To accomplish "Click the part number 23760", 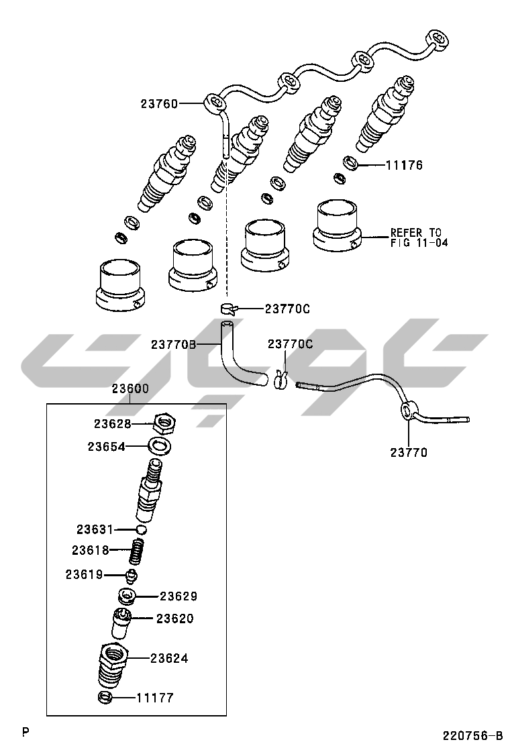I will pos(159,104).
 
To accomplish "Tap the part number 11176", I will pos(404,165).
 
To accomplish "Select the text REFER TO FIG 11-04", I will pos(419,238).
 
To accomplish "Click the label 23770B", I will pos(173,344).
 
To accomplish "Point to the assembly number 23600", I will pos(130,388).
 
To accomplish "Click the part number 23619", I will pos(84,574).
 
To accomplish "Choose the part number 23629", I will pos(178,596).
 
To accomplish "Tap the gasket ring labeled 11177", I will pos(105,698).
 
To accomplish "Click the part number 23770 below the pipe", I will pos(409,453).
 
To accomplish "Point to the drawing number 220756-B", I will pos(472,735).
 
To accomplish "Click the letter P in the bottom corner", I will pos(25,731).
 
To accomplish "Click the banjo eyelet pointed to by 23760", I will pos(214,103).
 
